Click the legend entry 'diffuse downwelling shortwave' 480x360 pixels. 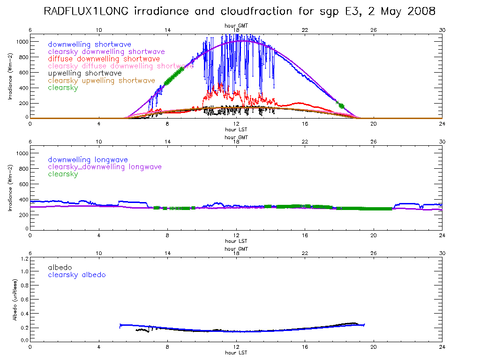[x=104, y=59]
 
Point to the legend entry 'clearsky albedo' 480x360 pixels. [x=77, y=275]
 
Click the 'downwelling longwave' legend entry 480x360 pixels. [x=88, y=160]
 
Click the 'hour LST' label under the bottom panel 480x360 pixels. [x=236, y=352]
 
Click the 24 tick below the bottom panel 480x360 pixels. [x=442, y=347]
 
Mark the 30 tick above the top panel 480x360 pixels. [x=442, y=30]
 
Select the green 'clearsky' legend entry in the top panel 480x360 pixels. [x=63, y=88]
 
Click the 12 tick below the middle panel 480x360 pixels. [x=236, y=236]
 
